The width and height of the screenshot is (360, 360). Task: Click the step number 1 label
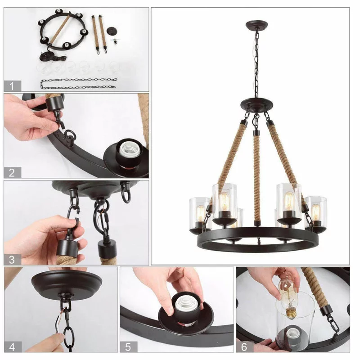coord(13,86)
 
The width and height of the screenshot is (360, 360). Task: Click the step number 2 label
coord(13,172)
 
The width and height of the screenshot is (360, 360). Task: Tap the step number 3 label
coord(13,260)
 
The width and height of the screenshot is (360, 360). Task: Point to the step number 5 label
coord(129,346)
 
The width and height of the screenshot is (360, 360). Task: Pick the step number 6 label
coord(245,346)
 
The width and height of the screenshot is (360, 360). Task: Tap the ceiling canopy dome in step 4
coord(67,284)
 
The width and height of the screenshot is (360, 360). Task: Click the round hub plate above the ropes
coord(257,103)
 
